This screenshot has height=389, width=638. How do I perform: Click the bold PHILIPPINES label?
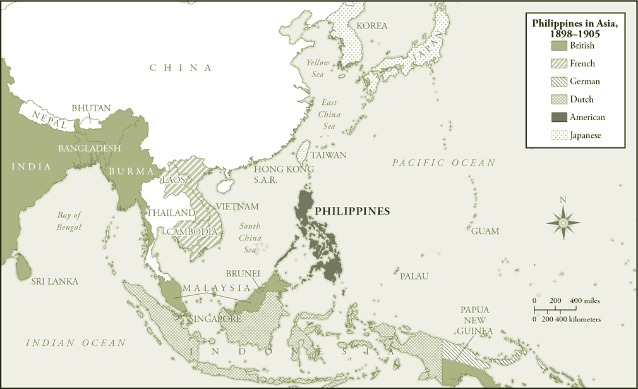click(352, 211)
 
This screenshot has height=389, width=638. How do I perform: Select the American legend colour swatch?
click(558, 117)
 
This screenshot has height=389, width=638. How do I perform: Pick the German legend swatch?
click(558, 82)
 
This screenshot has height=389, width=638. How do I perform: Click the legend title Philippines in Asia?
click(574, 27)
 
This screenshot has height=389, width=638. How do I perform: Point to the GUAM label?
click(485, 232)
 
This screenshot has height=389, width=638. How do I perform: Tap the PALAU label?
click(414, 276)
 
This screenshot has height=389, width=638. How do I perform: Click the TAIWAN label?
click(328, 154)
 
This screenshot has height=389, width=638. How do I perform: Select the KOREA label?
click(371, 26)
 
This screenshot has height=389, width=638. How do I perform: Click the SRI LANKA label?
click(54, 281)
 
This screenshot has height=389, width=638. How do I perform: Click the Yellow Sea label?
click(318, 68)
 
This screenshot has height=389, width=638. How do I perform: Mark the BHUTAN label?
click(91, 108)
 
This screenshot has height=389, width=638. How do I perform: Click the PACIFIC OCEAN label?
click(443, 163)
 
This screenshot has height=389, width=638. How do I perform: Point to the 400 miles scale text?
click(585, 300)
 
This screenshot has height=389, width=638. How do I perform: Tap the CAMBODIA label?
click(192, 232)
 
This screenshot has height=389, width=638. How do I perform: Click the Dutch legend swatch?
click(558, 99)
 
